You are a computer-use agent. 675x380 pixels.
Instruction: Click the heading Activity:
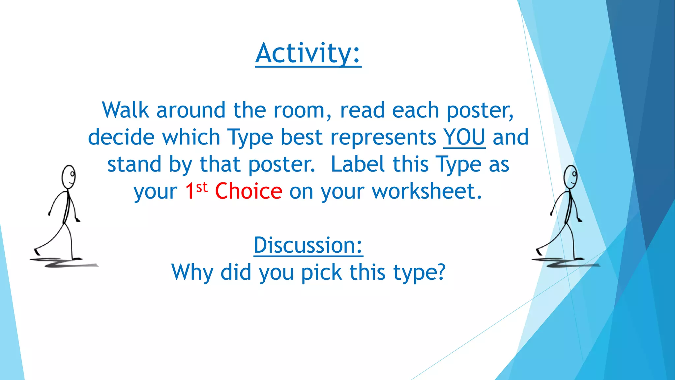308,53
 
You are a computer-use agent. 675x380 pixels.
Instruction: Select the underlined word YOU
464,137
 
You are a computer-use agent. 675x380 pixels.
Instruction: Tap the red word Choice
249,191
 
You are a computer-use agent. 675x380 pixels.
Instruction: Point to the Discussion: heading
308,245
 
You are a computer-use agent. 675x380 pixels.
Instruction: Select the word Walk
125,110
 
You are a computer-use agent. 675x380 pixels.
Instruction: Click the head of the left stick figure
69,177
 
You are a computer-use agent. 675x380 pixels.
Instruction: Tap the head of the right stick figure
570,177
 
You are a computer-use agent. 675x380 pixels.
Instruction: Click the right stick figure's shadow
565,263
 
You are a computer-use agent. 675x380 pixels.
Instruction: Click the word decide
121,137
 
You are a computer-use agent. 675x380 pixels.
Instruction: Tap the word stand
134,164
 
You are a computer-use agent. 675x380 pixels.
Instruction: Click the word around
191,110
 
